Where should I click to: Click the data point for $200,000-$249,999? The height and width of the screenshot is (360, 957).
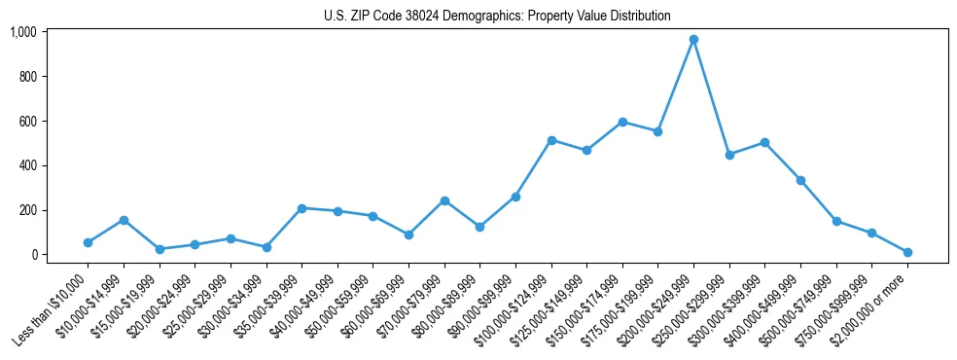pos(693,40)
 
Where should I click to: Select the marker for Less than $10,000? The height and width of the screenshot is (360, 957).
pos(88,242)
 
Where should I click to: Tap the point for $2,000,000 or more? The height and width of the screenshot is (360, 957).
pos(907,252)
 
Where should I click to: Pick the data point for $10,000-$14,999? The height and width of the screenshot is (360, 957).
pos(124,220)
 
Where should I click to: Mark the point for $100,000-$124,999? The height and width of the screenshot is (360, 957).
pos(551,140)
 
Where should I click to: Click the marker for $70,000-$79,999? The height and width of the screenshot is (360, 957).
pos(444,200)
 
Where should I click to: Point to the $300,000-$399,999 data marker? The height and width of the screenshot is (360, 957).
pos(764,142)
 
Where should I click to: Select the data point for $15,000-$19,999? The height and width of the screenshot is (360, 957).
pos(159,249)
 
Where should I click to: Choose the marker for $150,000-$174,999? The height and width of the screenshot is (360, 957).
pos(622,122)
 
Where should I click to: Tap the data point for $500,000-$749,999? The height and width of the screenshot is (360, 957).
pos(836,221)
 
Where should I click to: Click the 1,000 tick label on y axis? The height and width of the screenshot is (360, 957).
pos(22,32)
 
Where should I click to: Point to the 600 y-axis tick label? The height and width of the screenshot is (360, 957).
pos(27,121)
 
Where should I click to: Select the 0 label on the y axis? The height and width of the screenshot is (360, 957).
pos(33,255)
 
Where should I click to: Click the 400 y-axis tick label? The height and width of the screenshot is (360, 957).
pos(27,165)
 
